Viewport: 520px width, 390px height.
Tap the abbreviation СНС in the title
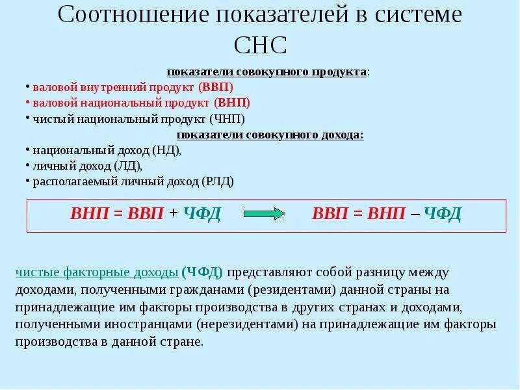(259, 46)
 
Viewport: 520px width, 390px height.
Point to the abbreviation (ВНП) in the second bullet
(232, 103)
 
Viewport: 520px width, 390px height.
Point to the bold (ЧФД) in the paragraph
(203, 272)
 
